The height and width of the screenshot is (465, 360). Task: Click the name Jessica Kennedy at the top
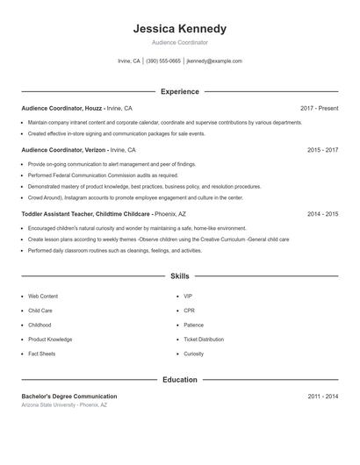coord(179,29)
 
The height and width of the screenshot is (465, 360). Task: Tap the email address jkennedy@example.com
coord(214,61)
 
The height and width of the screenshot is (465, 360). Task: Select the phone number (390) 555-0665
coord(163,61)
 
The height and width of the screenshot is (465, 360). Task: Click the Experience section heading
coord(179,91)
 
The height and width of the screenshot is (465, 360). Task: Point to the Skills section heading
coord(179,275)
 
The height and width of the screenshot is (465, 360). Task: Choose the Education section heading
coord(179,380)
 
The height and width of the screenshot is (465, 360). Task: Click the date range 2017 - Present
coord(319,108)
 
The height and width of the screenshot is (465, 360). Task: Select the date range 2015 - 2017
coord(322,150)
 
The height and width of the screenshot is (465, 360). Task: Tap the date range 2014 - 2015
coord(322,214)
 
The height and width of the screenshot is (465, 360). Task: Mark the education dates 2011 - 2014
coord(322,397)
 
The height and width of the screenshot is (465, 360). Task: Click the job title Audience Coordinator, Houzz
coord(61,108)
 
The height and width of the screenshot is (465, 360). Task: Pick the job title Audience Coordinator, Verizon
coord(64,150)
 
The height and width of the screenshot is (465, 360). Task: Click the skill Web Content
coord(43,297)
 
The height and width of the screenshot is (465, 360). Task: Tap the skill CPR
coord(189,311)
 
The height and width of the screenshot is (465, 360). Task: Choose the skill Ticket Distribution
coord(203,340)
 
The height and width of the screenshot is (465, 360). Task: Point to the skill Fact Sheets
coord(41,354)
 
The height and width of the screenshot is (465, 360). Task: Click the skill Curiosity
coord(193,354)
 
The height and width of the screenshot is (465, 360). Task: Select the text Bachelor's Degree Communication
coord(69,397)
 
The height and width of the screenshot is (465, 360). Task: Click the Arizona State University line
coord(64,405)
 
